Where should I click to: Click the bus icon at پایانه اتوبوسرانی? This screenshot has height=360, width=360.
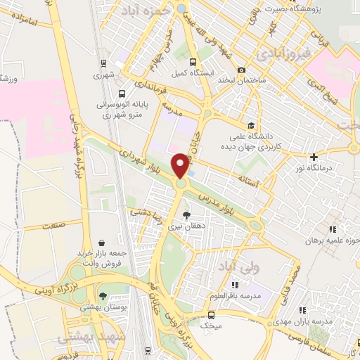122,94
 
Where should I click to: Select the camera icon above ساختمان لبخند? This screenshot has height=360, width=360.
242,70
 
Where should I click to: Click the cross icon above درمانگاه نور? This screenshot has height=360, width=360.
314,156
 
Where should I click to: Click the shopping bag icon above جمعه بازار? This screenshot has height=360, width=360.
103,243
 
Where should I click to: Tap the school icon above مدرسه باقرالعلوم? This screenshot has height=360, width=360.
235,284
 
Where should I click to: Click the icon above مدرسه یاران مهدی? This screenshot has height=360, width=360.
303,309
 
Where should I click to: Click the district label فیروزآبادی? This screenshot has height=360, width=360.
279,53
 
